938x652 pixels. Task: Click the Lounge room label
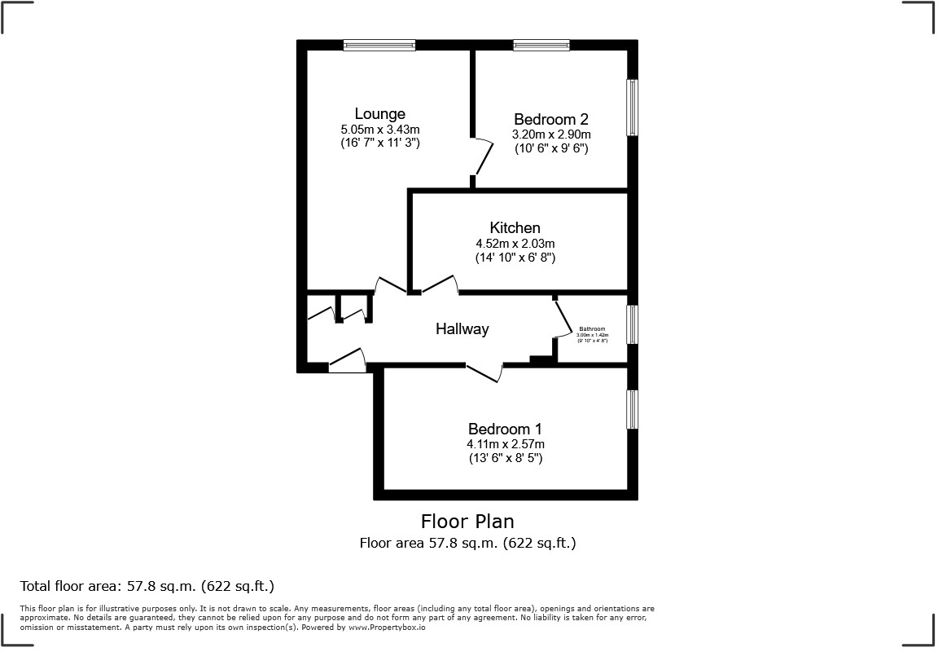[379, 114]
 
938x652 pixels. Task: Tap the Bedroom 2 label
[550, 120]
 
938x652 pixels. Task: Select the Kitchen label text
[515, 227]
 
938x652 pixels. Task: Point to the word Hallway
[462, 329]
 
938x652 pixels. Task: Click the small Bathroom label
[592, 329]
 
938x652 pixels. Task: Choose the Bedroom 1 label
[505, 429]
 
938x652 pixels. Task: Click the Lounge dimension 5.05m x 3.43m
[379, 129]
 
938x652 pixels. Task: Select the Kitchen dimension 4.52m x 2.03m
[515, 243]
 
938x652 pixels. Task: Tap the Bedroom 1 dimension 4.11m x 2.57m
[505, 444]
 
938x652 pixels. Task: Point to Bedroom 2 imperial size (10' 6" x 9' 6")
[550, 148]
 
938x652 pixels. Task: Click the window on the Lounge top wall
[379, 46]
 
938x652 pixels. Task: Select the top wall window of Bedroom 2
[541, 46]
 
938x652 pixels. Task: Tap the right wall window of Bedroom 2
[632, 107]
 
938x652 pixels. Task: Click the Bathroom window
[632, 324]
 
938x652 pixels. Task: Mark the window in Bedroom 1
[632, 409]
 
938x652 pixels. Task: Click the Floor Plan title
[467, 521]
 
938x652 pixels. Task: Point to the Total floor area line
[147, 586]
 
